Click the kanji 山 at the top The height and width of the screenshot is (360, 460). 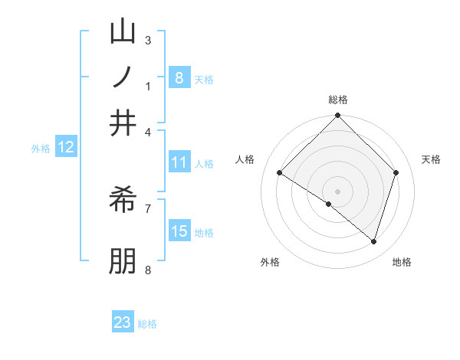click(123, 33)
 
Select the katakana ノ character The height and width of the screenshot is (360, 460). click(123, 78)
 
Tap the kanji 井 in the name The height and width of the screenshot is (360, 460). click(123, 123)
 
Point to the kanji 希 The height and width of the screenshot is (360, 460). click(123, 201)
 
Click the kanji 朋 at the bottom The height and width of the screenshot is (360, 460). click(123, 260)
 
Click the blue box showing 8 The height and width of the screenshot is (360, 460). click(179, 77)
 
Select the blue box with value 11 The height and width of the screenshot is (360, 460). click(179, 162)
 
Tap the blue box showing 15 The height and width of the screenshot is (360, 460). click(179, 231)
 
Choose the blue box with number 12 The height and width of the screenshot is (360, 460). click(65, 148)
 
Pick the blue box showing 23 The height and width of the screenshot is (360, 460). click(123, 322)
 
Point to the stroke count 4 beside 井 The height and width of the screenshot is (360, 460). click(148, 131)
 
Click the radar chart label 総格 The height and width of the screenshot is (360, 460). click(338, 100)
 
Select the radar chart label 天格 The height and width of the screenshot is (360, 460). click(431, 159)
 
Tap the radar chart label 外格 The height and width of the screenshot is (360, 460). click(270, 262)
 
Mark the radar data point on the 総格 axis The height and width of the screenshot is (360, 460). click(337, 116)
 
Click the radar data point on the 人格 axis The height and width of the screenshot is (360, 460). click(280, 173)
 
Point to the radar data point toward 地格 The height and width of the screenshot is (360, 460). click(373, 242)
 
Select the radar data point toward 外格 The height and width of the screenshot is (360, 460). click(329, 205)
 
